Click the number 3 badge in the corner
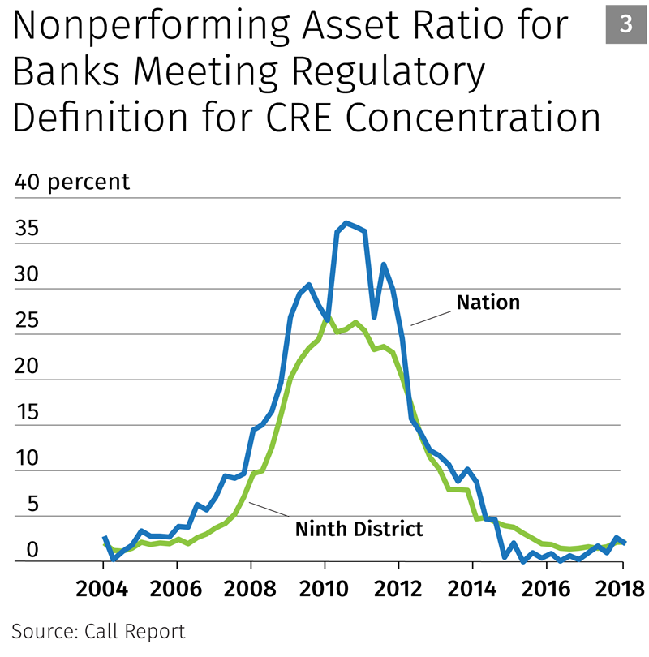[x=625, y=25]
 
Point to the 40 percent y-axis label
[x=72, y=182]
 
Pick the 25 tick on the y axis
[x=27, y=320]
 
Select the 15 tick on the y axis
[x=27, y=411]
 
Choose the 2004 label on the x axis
[x=102, y=587]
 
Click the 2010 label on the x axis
[x=324, y=587]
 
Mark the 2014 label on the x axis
[x=472, y=587]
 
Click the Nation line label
[x=488, y=303]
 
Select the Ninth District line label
[x=358, y=530]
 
